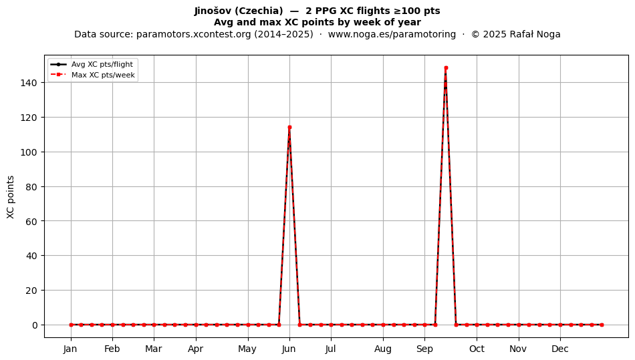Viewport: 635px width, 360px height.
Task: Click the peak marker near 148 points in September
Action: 446,68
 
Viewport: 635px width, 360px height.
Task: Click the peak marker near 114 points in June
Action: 289,128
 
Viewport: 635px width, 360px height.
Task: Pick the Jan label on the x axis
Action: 70,349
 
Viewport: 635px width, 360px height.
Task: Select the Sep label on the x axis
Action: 425,349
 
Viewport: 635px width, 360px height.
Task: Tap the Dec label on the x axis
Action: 560,349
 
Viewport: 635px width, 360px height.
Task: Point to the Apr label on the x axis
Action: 196,349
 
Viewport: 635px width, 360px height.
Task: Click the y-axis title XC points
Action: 11,197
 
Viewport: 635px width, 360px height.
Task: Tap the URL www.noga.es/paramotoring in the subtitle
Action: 392,34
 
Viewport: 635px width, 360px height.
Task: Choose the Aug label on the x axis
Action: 383,349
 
